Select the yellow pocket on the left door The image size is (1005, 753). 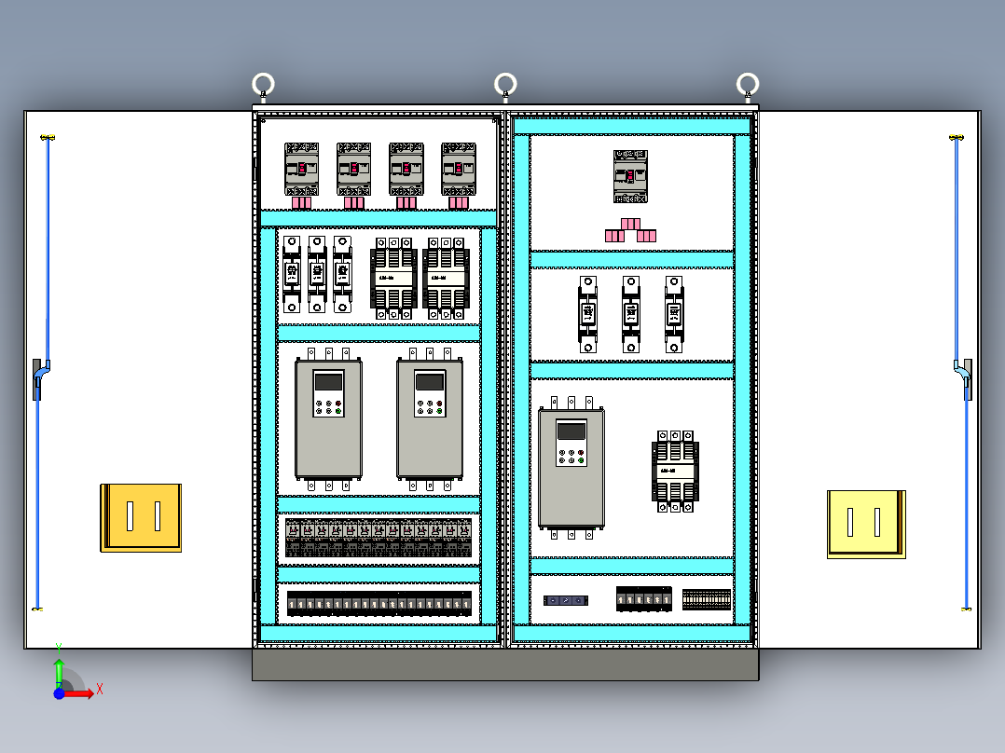(x=141, y=517)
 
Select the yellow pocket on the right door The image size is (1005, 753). (x=866, y=524)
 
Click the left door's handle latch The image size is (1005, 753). (x=40, y=377)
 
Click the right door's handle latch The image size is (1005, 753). (x=964, y=377)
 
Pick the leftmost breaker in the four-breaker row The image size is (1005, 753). (x=301, y=169)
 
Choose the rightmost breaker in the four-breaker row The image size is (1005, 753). (x=458, y=169)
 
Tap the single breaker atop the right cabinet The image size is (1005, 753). (x=630, y=176)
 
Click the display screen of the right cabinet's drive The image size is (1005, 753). (x=571, y=431)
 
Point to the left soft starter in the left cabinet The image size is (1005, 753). (x=328, y=418)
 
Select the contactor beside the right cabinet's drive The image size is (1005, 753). (x=675, y=471)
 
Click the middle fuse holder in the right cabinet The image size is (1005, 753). (x=631, y=313)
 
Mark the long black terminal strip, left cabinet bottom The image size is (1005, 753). (x=379, y=604)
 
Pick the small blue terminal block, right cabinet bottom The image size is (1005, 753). (x=566, y=600)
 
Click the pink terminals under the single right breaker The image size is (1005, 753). (x=630, y=230)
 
